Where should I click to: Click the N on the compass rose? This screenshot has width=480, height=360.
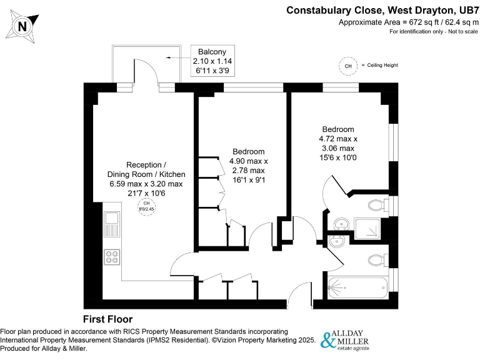click(x=22, y=26)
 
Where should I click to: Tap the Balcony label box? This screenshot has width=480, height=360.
click(x=212, y=61)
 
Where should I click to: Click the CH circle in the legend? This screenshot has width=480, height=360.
click(x=348, y=65)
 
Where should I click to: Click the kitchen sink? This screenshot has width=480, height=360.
click(x=112, y=224)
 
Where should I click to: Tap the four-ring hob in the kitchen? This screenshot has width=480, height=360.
click(x=112, y=257)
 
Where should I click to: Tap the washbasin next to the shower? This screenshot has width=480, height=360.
click(x=340, y=223)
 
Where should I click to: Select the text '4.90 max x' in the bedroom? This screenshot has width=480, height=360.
click(x=248, y=161)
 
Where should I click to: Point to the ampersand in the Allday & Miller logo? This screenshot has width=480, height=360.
click(x=329, y=341)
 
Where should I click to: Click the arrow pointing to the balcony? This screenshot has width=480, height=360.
click(x=177, y=56)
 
